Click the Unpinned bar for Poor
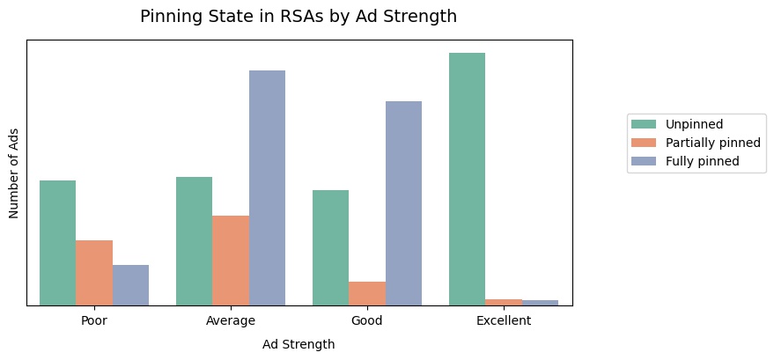click(x=57, y=243)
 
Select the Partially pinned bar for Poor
click(x=94, y=273)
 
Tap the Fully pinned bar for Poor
click(x=130, y=285)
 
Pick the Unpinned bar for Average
click(x=194, y=241)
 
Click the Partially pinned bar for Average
click(x=231, y=261)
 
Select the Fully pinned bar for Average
click(x=267, y=187)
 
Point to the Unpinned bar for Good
click(x=330, y=247)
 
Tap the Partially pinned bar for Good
click(x=367, y=293)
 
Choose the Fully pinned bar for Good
click(x=403, y=203)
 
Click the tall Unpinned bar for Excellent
click(x=467, y=179)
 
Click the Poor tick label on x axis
click(x=94, y=320)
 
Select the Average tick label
click(x=231, y=320)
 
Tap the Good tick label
click(x=367, y=320)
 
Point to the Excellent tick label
click(x=504, y=320)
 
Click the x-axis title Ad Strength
click(x=299, y=344)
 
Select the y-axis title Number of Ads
click(x=14, y=173)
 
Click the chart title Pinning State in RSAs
click(x=299, y=16)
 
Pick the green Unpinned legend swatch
click(x=645, y=124)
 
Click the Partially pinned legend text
click(x=712, y=143)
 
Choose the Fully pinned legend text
click(x=702, y=161)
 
